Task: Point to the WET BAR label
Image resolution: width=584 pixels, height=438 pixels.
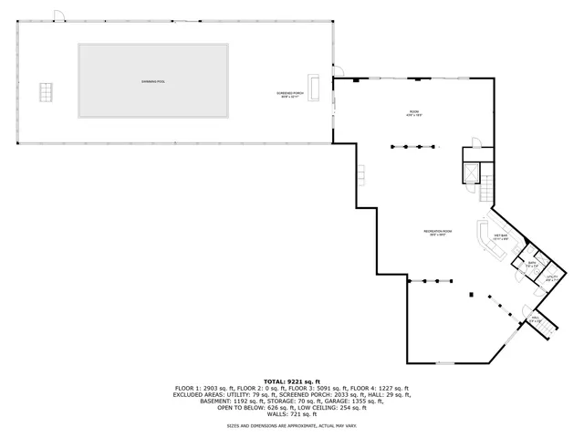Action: pyautogui.click(x=500, y=237)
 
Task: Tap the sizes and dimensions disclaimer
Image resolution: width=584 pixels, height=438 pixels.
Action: pyautogui.click(x=292, y=426)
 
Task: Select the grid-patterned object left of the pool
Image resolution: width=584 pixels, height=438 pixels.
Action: pyautogui.click(x=46, y=92)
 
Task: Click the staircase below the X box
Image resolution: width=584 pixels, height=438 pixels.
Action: pyautogui.click(x=486, y=190)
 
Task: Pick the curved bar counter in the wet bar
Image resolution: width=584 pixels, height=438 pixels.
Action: pyautogui.click(x=485, y=242)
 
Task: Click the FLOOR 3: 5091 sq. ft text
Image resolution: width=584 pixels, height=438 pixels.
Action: pyautogui.click(x=315, y=388)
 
